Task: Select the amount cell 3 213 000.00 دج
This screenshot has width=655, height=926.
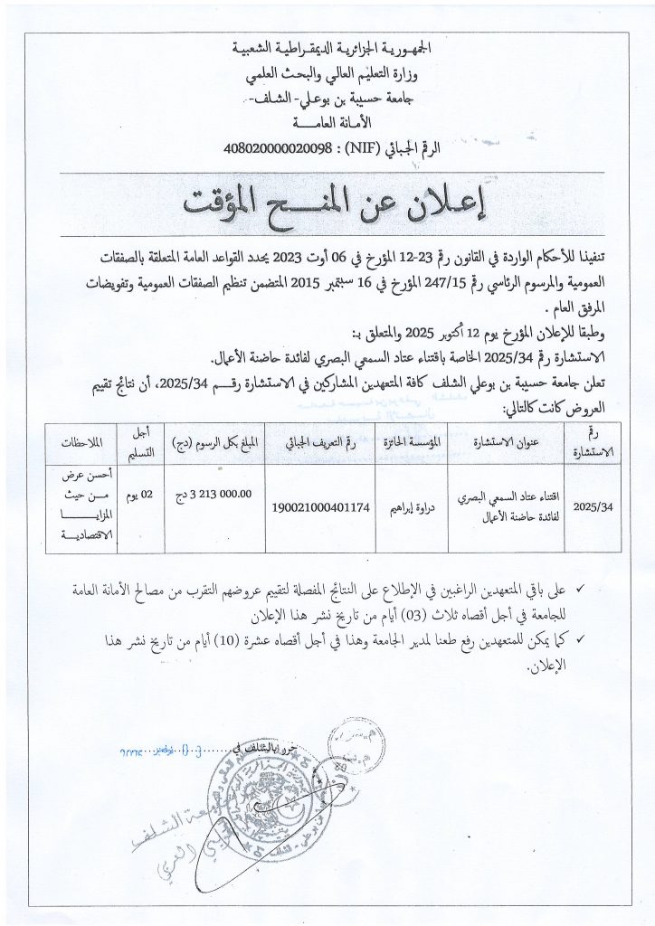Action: tap(222, 494)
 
